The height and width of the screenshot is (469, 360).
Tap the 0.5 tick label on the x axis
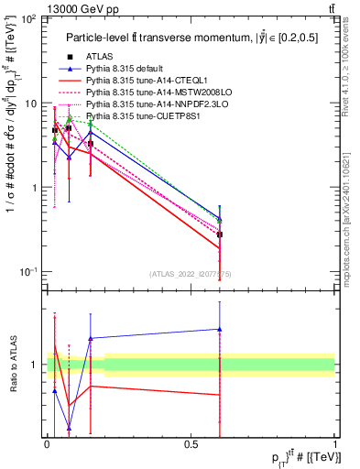(191, 444)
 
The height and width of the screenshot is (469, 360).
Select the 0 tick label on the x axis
(48, 444)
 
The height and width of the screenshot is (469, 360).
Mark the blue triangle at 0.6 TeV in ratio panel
(220, 329)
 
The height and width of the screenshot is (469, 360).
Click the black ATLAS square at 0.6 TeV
(220, 235)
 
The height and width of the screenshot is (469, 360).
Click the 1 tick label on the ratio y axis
(35, 365)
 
